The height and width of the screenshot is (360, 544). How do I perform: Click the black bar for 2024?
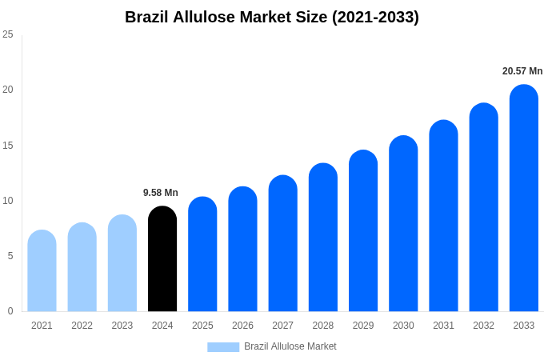coord(162,260)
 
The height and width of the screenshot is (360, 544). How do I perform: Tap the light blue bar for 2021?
coord(42,272)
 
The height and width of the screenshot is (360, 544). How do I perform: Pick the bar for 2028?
coord(323,238)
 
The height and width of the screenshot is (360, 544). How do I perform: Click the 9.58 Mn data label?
coord(161,193)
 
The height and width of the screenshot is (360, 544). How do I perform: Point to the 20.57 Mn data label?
coord(522,71)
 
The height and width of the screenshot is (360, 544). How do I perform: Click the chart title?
coord(272,17)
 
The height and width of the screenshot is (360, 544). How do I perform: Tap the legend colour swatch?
coord(223,346)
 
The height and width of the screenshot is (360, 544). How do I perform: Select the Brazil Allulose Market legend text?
coord(290,346)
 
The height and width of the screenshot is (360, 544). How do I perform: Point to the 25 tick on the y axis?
coord(8,34)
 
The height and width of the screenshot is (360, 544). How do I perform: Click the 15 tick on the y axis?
coord(8,146)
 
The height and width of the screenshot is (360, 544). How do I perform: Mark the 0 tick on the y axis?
coord(10,311)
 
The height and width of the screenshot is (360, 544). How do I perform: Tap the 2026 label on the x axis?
coord(242,326)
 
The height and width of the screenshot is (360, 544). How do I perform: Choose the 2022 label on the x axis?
coord(82,326)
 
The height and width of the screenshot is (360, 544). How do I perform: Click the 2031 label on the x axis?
coord(443,326)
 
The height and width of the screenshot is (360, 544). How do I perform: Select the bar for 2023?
coord(122,264)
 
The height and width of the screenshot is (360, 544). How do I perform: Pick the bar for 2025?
coord(202,254)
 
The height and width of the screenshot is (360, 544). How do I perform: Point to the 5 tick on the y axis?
coord(10,256)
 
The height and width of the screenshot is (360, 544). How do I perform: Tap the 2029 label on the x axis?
coord(363,326)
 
